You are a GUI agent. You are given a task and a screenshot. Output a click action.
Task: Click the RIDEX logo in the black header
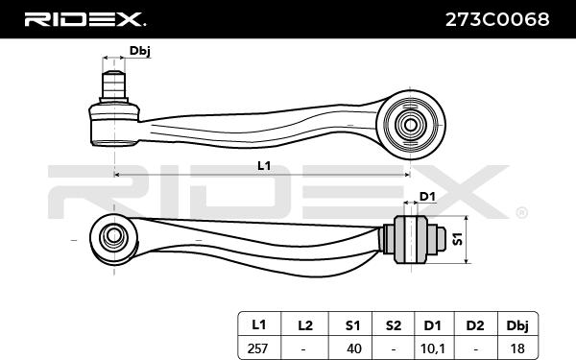click(x=84, y=19)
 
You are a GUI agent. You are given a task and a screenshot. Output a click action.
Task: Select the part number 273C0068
click(x=497, y=19)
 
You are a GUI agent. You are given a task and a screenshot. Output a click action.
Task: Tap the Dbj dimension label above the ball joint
click(x=139, y=51)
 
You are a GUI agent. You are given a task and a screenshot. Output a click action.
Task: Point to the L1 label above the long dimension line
click(x=264, y=166)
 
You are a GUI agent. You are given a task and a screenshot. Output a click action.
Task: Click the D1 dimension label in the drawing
click(x=427, y=197)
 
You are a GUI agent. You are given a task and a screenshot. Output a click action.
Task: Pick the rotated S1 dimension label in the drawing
click(x=457, y=239)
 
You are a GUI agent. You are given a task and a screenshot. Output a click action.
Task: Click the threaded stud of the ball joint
click(x=114, y=85)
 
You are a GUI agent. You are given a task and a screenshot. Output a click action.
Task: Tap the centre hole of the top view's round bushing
click(x=410, y=125)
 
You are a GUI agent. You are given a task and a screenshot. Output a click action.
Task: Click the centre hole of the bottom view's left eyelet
click(x=113, y=235)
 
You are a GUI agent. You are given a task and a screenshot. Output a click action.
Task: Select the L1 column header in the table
click(x=258, y=325)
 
